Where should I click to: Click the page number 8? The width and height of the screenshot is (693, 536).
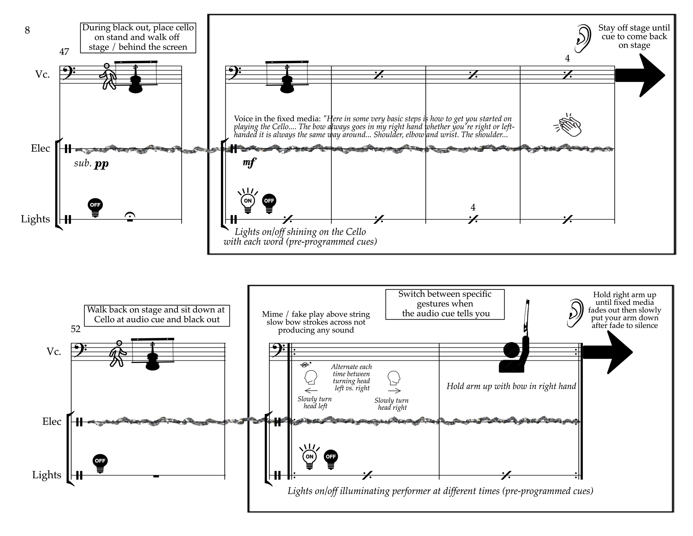(27, 30)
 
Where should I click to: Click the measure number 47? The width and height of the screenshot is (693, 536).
(64, 52)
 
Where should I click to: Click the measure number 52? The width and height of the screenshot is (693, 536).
(75, 329)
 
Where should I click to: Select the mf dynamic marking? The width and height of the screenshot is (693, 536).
(249, 163)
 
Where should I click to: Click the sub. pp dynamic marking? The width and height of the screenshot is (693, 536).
(91, 163)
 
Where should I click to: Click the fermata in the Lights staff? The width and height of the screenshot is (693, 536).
(130, 217)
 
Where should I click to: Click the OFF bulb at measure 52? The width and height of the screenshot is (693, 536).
(100, 464)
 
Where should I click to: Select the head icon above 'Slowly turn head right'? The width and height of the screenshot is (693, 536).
(394, 378)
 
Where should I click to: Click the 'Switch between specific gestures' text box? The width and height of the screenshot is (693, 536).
(445, 304)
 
